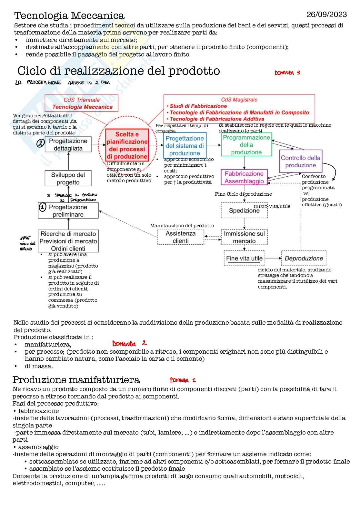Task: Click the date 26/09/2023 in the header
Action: [x=326, y=15]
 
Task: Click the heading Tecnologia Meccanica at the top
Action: [x=69, y=15]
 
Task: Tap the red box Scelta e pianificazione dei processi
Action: [x=127, y=145]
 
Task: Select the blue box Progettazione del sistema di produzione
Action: [x=185, y=146]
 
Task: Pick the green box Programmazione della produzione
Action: [x=246, y=145]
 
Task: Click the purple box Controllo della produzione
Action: [x=300, y=161]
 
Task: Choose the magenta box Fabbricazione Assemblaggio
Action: [x=244, y=177]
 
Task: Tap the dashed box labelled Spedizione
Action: [x=244, y=210]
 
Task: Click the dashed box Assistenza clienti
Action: [x=181, y=237]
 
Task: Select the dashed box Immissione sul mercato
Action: [x=244, y=237]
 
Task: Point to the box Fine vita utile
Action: [x=244, y=258]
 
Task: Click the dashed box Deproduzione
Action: [x=304, y=258]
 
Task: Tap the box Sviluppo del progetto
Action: [x=68, y=178]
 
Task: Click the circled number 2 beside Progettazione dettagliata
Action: [x=40, y=143]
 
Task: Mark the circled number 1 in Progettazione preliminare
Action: [x=43, y=207]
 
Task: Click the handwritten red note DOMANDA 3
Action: [x=287, y=73]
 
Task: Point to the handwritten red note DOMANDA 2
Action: [x=129, y=344]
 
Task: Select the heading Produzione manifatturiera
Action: [x=76, y=380]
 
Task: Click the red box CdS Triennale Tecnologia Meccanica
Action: [x=82, y=103]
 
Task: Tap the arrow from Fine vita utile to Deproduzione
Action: [x=273, y=258]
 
